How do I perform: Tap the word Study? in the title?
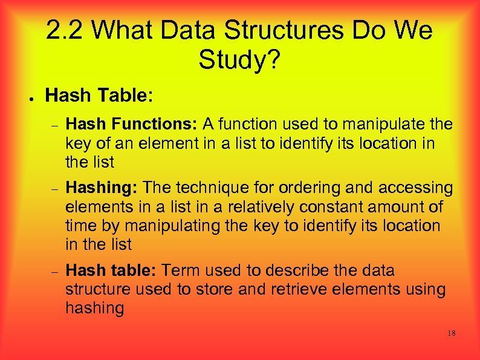(239, 60)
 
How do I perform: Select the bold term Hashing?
(101, 188)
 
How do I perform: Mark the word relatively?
(242, 207)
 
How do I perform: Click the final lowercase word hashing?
(94, 309)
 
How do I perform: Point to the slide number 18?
(451, 333)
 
